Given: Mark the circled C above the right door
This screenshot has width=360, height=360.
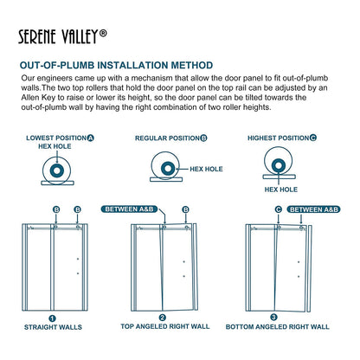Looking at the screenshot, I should [279, 209].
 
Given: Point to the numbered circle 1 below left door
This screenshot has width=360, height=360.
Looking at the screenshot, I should [52, 318].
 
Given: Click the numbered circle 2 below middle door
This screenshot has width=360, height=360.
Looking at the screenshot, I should [164, 318].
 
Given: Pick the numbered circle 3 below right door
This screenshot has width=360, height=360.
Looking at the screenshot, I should [275, 318].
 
